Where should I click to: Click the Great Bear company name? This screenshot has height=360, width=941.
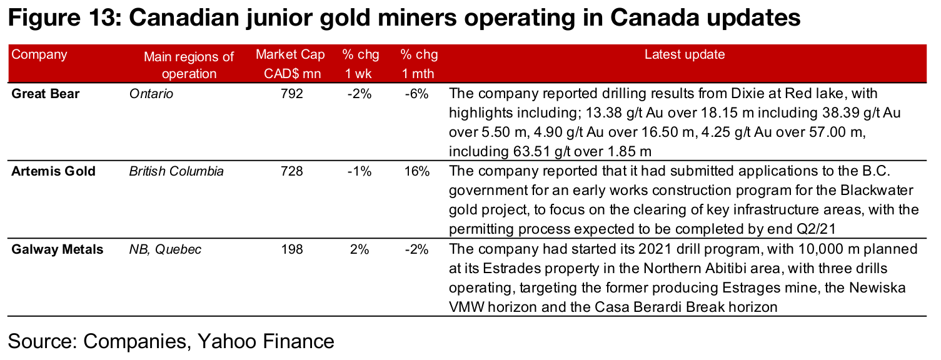[x=46, y=94]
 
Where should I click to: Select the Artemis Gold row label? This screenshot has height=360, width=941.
[x=53, y=171]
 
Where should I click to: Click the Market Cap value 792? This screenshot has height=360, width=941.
[x=291, y=94]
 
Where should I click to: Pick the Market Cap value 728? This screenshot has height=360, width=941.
[x=291, y=171]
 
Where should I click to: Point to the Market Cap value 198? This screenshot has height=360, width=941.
[x=291, y=249]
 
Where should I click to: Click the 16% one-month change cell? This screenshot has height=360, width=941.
[x=416, y=171]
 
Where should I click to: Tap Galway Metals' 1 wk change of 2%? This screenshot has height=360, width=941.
[x=361, y=249]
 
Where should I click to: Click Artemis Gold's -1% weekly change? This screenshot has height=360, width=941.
[x=361, y=171]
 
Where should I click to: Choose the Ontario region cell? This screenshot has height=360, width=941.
[x=151, y=94]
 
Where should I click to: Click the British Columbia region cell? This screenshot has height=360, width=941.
[x=176, y=171]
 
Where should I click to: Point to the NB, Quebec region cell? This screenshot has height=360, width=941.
[x=165, y=249]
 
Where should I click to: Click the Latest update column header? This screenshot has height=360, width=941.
[x=685, y=54]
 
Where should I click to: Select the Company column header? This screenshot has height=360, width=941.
[x=39, y=54]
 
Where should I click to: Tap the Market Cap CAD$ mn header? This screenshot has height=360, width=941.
[x=290, y=64]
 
